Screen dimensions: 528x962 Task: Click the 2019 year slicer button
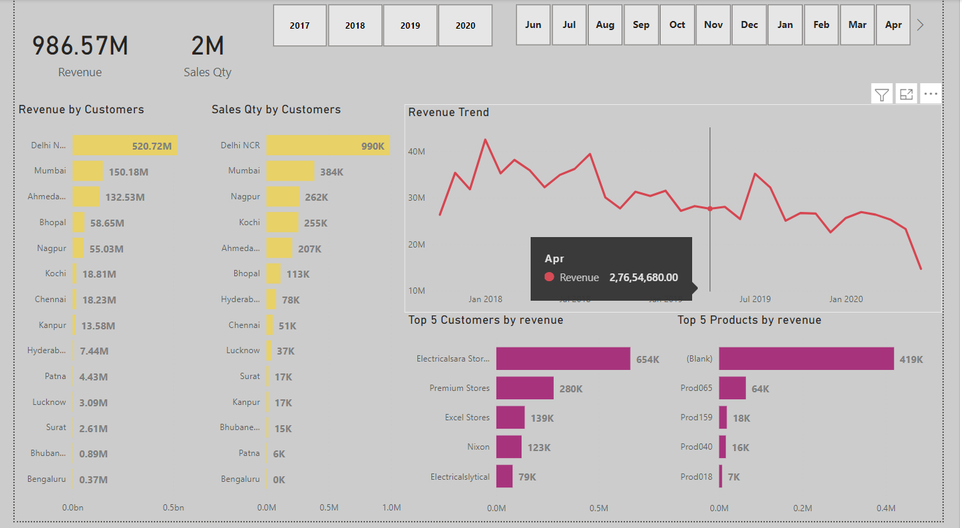(x=410, y=26)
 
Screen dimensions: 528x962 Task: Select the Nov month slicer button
(x=713, y=25)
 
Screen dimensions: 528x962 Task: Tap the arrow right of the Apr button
(x=920, y=25)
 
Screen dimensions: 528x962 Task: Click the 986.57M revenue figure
(x=80, y=46)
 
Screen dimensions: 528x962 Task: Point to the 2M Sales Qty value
(x=208, y=46)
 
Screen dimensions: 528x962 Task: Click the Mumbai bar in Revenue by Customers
(x=87, y=171)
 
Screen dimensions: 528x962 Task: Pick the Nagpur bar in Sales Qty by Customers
(x=282, y=197)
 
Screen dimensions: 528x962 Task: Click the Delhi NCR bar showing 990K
(x=327, y=145)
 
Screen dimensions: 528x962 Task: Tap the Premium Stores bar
(x=524, y=388)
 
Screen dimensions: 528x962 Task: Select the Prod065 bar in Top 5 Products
(x=732, y=388)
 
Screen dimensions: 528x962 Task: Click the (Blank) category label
(x=699, y=359)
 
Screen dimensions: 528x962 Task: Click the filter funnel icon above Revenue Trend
(x=882, y=94)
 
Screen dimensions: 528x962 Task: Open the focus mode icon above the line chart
(x=906, y=94)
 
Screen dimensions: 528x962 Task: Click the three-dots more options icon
(x=931, y=94)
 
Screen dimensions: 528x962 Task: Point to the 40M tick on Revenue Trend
(x=417, y=152)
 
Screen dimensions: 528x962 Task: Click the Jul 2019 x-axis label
(x=755, y=299)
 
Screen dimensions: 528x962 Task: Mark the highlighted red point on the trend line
(x=710, y=208)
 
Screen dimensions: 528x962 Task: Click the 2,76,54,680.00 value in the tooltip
(x=643, y=278)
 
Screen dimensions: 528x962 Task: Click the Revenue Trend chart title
(x=449, y=113)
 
